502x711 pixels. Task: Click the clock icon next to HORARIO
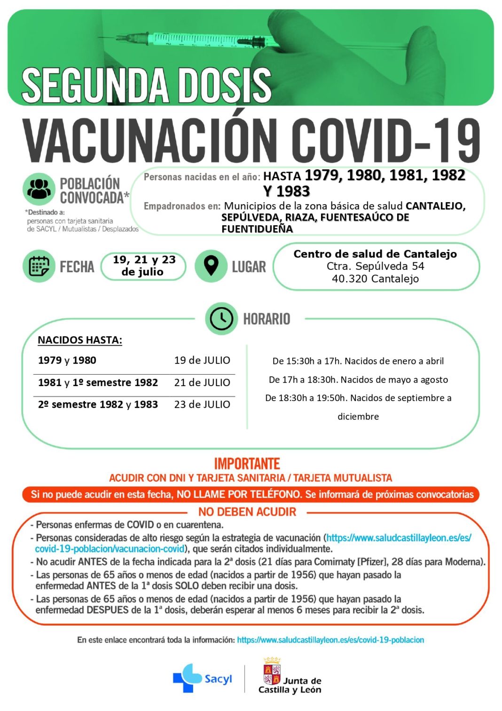pos(221,319)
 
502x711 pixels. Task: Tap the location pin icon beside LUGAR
pos(211,266)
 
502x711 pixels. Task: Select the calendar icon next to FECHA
pos(39,266)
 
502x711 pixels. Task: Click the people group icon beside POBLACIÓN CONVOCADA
pos(39,189)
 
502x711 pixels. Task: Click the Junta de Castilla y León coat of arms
pos(272,672)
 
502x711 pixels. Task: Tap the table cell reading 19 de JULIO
pos(202,361)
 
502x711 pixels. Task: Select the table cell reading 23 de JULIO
pos(202,404)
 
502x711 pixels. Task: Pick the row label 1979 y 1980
pos(67,361)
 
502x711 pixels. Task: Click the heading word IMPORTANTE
pos(247,464)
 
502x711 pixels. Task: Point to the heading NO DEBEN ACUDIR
pos(247,512)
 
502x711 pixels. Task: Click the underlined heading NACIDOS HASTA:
pos(80,340)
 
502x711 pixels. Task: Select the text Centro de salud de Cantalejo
pos(375,254)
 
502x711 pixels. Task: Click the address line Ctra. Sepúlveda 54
pos(375,266)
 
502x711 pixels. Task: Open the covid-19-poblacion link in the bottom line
pos(330,640)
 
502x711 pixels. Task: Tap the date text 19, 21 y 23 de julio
pos(144,266)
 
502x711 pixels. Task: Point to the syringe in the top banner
pos(197,39)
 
